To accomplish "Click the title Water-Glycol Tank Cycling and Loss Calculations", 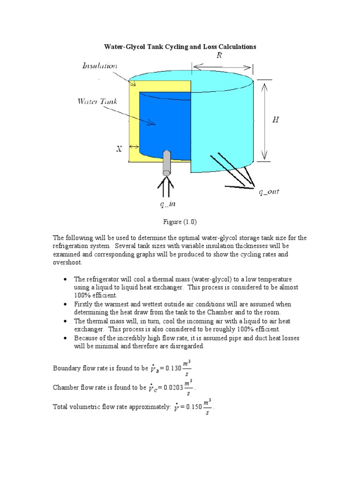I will [x=180, y=47].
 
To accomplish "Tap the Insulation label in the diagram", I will [x=99, y=66].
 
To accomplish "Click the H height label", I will [x=276, y=120].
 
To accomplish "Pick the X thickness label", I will [x=119, y=149].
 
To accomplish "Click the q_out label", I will [x=269, y=192].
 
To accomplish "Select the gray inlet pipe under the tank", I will [x=167, y=162].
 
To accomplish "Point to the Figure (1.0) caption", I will [x=180, y=221].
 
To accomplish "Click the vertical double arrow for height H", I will [x=265, y=120].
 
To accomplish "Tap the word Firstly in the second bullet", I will [x=83, y=304].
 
